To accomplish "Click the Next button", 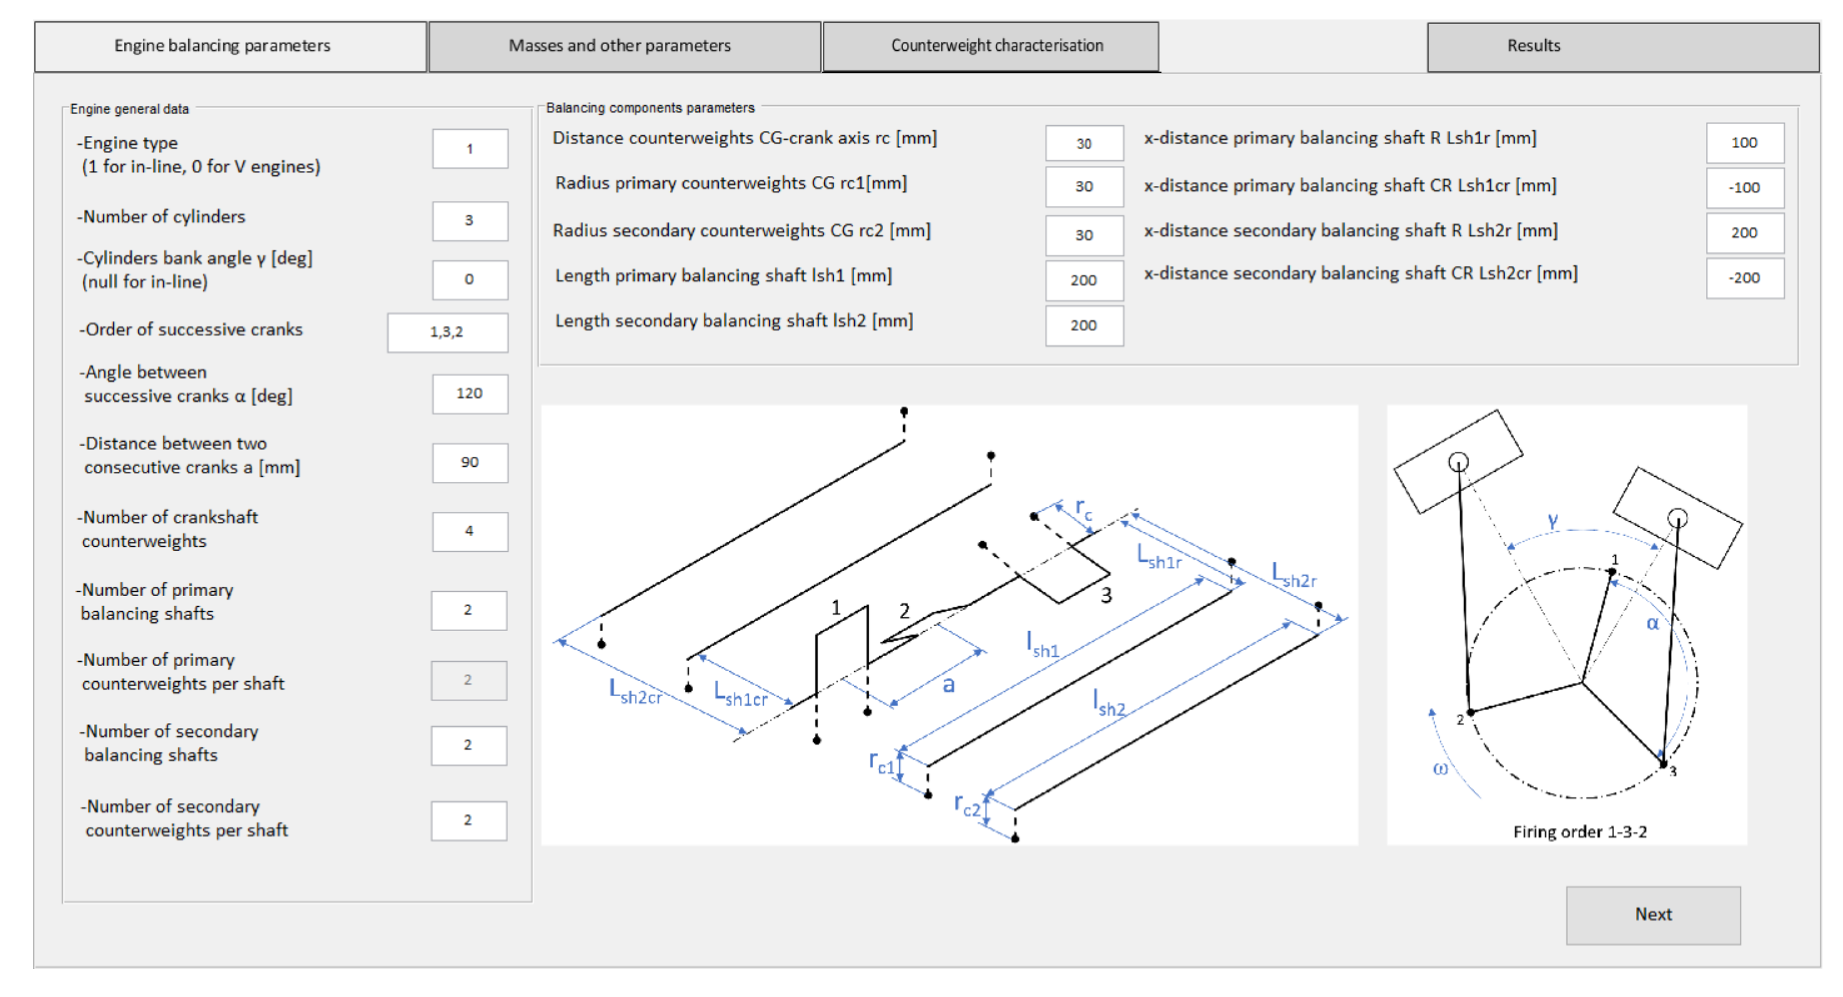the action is [1653, 915].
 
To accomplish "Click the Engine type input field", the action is [470, 149].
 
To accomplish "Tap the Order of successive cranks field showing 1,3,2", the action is [448, 332].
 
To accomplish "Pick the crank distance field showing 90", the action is [470, 462].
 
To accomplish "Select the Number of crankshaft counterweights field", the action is [470, 531].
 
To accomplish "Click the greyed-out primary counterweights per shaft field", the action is [469, 680].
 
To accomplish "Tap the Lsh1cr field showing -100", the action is [1745, 188].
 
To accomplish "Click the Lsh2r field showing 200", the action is [1745, 233].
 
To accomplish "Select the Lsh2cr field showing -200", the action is [1745, 278].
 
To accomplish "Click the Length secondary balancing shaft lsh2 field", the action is [1084, 326].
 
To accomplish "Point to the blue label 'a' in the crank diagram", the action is [949, 686].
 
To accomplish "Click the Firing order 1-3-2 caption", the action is [1580, 832].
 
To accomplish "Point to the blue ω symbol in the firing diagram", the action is [1439, 769].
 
